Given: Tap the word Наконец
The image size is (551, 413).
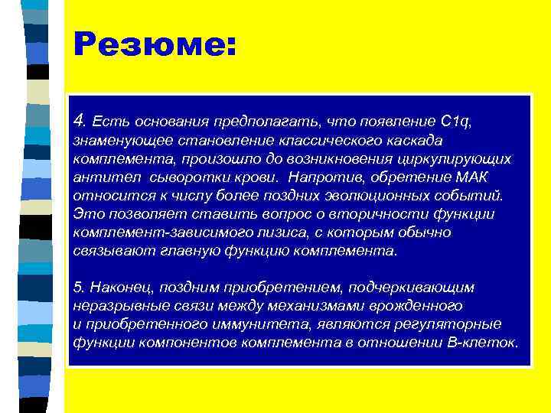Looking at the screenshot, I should [117, 287].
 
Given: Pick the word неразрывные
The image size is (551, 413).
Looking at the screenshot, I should [112, 305].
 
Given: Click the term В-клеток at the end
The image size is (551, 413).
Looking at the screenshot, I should [486, 342].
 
